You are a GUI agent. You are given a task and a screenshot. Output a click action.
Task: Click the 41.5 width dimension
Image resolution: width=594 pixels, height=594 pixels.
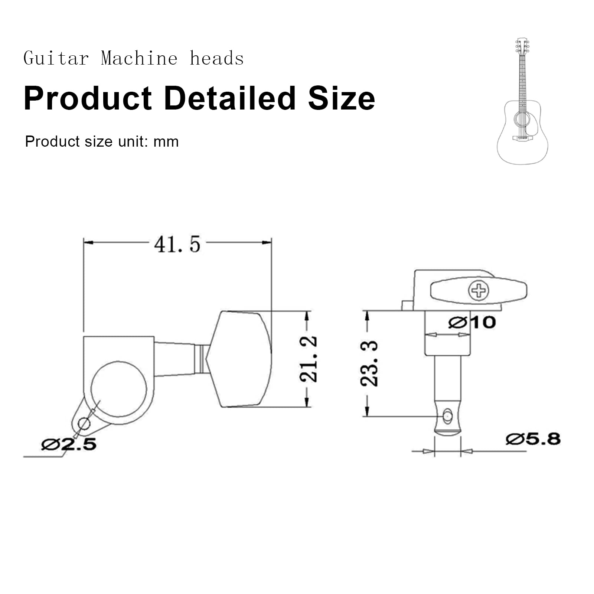(177, 244)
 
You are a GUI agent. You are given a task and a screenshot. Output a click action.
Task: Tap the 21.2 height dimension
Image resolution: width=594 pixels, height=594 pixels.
(309, 359)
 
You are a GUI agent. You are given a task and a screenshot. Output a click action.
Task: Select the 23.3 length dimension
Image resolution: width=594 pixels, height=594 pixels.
(369, 364)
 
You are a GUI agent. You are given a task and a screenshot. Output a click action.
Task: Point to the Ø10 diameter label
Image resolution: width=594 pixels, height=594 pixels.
(472, 322)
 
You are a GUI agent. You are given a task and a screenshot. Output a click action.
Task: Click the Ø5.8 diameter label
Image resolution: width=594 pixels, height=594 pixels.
(533, 439)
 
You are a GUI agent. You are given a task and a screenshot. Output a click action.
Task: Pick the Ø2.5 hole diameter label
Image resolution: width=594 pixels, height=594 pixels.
(69, 444)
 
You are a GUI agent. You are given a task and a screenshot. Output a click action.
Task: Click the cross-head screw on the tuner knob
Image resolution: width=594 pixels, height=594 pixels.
(479, 290)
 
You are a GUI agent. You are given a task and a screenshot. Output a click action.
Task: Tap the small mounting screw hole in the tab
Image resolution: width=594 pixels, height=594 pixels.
(84, 424)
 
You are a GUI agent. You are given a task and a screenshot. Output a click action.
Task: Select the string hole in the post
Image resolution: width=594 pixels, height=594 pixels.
(448, 416)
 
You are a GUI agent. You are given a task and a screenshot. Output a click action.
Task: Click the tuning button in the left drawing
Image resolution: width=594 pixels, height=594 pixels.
(239, 359)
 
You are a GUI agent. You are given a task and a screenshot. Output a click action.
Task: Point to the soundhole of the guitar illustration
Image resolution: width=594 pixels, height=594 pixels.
(522, 120)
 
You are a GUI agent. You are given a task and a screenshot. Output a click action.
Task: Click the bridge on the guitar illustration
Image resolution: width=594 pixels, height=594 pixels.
(522, 138)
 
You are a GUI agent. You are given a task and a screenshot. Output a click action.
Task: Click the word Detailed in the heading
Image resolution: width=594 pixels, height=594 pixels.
(229, 98)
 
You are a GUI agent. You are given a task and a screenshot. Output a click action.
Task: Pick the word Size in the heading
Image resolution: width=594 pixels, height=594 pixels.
(342, 98)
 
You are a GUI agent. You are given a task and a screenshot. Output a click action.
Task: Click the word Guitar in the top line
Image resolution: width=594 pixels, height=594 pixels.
(56, 59)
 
